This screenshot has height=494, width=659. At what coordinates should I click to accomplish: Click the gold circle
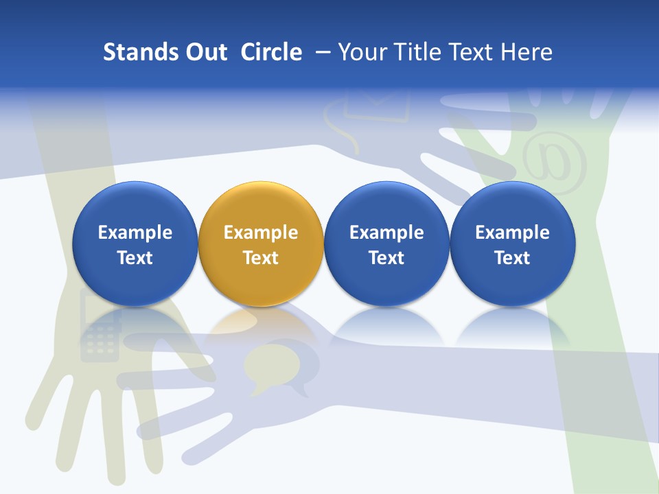click(261, 244)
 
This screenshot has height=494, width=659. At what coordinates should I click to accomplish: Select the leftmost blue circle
click(135, 244)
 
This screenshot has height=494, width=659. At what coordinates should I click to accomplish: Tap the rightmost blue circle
click(512, 244)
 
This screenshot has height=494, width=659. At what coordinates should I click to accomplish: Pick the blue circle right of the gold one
click(386, 244)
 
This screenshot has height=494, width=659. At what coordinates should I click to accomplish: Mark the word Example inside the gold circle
click(261, 233)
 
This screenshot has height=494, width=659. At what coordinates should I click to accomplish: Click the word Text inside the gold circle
click(261, 258)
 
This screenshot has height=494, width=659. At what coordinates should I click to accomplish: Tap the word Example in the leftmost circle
click(135, 233)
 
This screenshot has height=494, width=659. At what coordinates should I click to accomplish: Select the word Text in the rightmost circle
click(512, 258)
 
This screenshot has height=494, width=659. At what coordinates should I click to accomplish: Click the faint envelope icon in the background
click(376, 103)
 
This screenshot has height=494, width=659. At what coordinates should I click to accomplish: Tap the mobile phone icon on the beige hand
click(99, 325)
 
